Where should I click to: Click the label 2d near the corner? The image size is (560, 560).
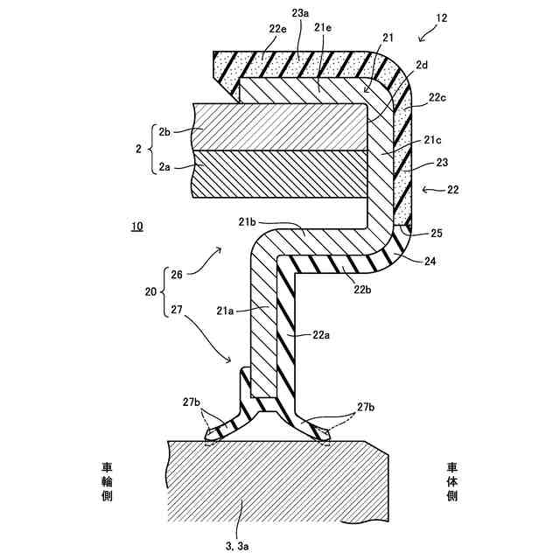[x=422, y=65]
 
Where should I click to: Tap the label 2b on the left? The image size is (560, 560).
[x=164, y=132]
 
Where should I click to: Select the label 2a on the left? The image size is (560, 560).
[x=164, y=163]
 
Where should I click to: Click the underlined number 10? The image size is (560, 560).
[x=136, y=227]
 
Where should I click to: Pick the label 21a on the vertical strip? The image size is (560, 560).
[x=226, y=309]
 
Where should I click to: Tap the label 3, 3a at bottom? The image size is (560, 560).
[x=237, y=546]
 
